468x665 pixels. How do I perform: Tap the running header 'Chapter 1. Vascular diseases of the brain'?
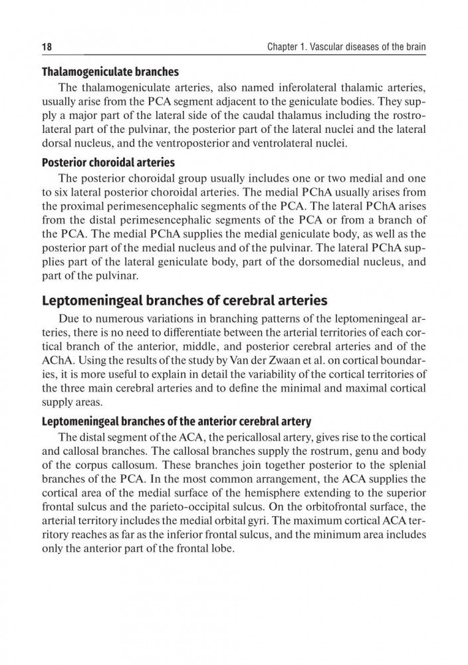tap(346, 48)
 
